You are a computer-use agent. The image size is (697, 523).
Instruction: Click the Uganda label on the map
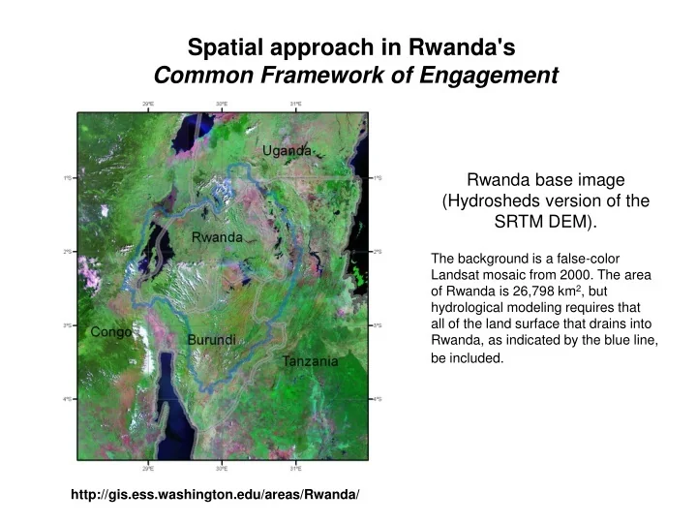[288, 150]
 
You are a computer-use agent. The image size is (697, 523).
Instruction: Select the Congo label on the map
[111, 332]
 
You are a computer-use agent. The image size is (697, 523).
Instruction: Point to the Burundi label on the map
[212, 341]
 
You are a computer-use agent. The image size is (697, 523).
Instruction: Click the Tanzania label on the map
[310, 361]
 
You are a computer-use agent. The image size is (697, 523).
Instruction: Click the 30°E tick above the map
[222, 104]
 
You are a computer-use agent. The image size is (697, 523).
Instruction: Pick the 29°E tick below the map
[148, 468]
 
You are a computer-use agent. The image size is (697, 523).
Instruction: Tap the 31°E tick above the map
[295, 104]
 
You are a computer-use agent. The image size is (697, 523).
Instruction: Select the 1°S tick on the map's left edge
[67, 178]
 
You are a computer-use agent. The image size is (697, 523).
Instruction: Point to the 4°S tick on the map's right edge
[379, 399]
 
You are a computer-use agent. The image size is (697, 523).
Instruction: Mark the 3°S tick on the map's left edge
[67, 325]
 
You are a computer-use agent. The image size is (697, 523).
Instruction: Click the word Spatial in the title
[225, 46]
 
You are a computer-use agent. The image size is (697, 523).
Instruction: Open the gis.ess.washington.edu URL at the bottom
[215, 495]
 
